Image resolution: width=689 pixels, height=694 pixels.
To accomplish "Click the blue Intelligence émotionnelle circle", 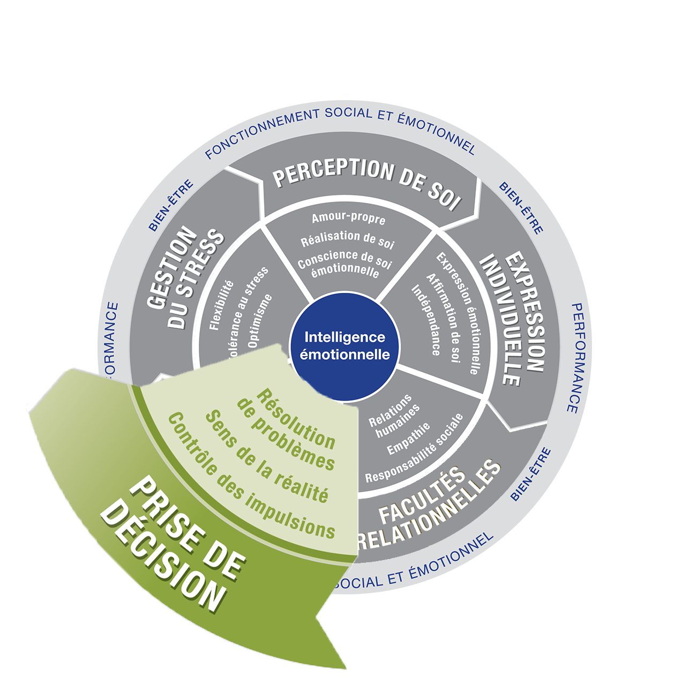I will (344, 346).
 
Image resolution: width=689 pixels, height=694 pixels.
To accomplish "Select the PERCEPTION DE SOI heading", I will (367, 182).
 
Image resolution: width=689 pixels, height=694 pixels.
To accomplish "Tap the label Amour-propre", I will (348, 218).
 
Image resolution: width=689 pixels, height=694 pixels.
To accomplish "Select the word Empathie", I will (408, 439).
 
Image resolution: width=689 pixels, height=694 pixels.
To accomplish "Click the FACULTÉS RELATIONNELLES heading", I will (429, 506).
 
